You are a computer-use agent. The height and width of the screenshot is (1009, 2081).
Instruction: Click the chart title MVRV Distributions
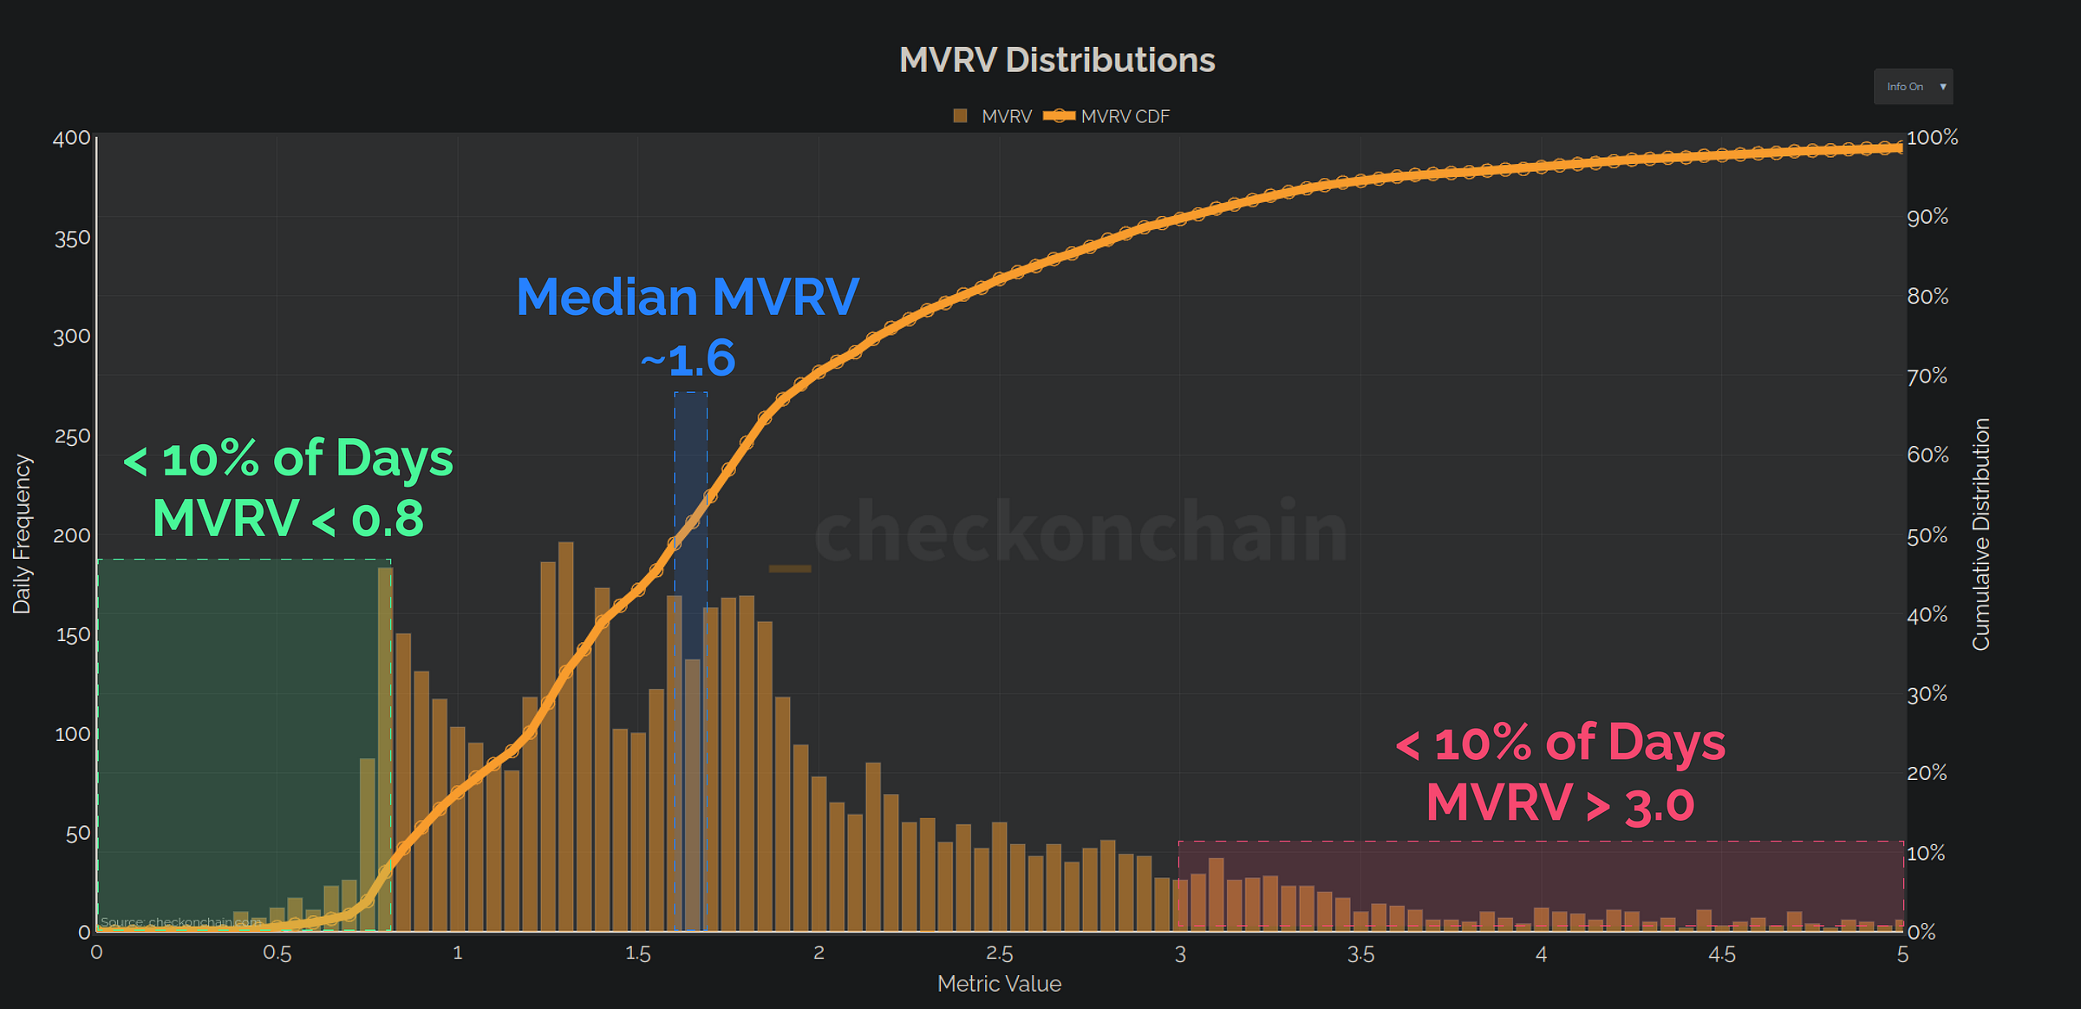point(1056,60)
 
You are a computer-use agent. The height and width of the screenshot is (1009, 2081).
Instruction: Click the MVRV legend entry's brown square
point(960,116)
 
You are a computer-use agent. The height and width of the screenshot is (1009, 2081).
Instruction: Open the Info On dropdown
point(1913,87)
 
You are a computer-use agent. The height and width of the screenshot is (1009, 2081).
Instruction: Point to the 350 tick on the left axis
point(72,239)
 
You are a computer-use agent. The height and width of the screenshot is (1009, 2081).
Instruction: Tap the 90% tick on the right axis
point(1927,217)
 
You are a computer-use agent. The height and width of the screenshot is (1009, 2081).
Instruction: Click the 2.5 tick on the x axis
point(999,953)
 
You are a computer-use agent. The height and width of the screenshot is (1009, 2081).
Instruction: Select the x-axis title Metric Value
point(999,984)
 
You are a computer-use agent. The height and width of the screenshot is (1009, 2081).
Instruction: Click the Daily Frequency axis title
point(22,534)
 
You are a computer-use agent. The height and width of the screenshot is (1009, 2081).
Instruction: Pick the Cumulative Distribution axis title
point(1980,534)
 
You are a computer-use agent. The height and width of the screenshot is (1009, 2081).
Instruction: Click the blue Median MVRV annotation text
point(687,297)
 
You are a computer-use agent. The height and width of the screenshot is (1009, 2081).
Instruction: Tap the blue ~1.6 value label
point(688,358)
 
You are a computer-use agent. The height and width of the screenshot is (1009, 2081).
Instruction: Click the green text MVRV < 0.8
point(288,519)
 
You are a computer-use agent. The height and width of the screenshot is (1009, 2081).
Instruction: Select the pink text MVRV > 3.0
point(1559,803)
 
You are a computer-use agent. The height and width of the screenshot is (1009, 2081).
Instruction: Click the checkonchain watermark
point(1080,531)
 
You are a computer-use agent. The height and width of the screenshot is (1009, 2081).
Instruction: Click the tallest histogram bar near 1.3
point(565,737)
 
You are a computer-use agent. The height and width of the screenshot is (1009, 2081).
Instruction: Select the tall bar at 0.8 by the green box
point(385,746)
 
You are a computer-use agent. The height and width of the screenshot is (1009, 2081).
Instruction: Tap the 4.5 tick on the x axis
point(1721,954)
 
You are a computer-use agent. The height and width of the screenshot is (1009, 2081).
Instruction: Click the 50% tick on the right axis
point(1927,535)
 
